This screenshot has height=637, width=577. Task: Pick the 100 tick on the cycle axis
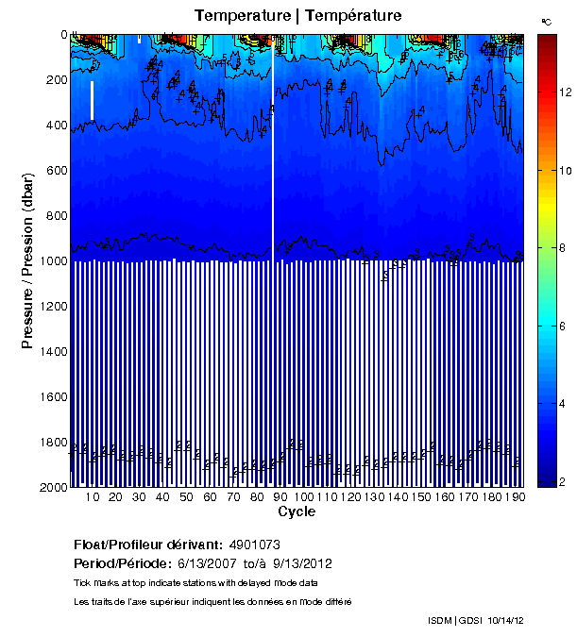(302, 497)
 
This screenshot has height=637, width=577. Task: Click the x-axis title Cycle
(297, 512)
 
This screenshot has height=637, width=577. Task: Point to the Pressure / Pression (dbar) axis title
(28, 261)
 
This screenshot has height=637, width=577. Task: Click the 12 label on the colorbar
(565, 92)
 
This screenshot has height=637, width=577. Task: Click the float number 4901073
(254, 545)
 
